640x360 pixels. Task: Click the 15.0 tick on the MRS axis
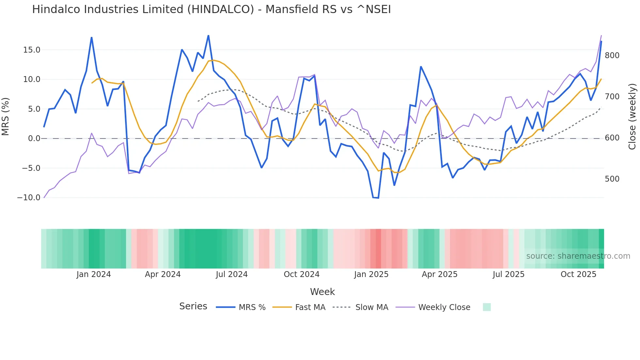point(31,50)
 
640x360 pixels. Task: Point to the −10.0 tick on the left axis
point(29,198)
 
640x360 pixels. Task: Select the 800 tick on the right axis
point(612,56)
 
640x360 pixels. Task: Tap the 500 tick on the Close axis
point(612,179)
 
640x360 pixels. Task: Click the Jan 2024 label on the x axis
point(94,274)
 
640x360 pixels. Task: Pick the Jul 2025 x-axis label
point(508,274)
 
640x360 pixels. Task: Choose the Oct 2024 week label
point(301,274)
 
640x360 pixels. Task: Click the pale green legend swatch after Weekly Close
point(487,307)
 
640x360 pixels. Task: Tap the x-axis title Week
point(322,292)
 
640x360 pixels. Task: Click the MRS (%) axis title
point(6,117)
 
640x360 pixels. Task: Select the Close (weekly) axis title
point(632,117)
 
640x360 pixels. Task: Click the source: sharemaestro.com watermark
point(578,256)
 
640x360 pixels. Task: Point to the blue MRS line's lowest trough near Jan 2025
point(378,198)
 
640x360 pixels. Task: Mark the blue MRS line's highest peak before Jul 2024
point(208,36)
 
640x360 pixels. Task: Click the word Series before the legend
point(193,306)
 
